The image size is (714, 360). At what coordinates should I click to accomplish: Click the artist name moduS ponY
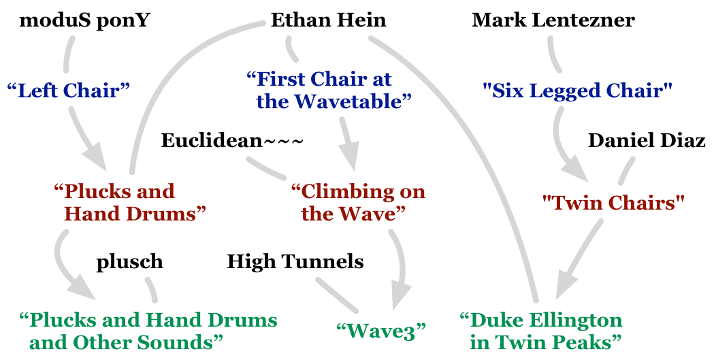pyautogui.click(x=85, y=20)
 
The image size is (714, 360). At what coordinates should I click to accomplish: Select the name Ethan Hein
pyautogui.click(x=328, y=20)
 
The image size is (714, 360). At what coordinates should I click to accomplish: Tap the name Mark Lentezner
pyautogui.click(x=553, y=20)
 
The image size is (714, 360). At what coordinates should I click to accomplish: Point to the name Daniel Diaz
pyautogui.click(x=646, y=141)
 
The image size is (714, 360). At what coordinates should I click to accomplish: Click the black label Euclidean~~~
pyautogui.click(x=231, y=141)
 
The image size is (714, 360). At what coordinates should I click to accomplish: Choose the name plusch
pyautogui.click(x=129, y=261)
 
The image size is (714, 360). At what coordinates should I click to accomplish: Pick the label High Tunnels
pyautogui.click(x=295, y=261)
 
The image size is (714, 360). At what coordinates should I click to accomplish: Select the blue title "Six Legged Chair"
pyautogui.click(x=577, y=91)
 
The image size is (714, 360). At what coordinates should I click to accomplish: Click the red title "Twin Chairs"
pyautogui.click(x=613, y=202)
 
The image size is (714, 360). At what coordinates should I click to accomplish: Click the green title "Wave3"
pyautogui.click(x=380, y=331)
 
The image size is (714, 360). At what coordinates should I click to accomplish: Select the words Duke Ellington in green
pyautogui.click(x=541, y=320)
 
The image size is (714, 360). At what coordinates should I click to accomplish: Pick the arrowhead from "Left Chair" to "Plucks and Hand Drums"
pyautogui.click(x=95, y=160)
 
